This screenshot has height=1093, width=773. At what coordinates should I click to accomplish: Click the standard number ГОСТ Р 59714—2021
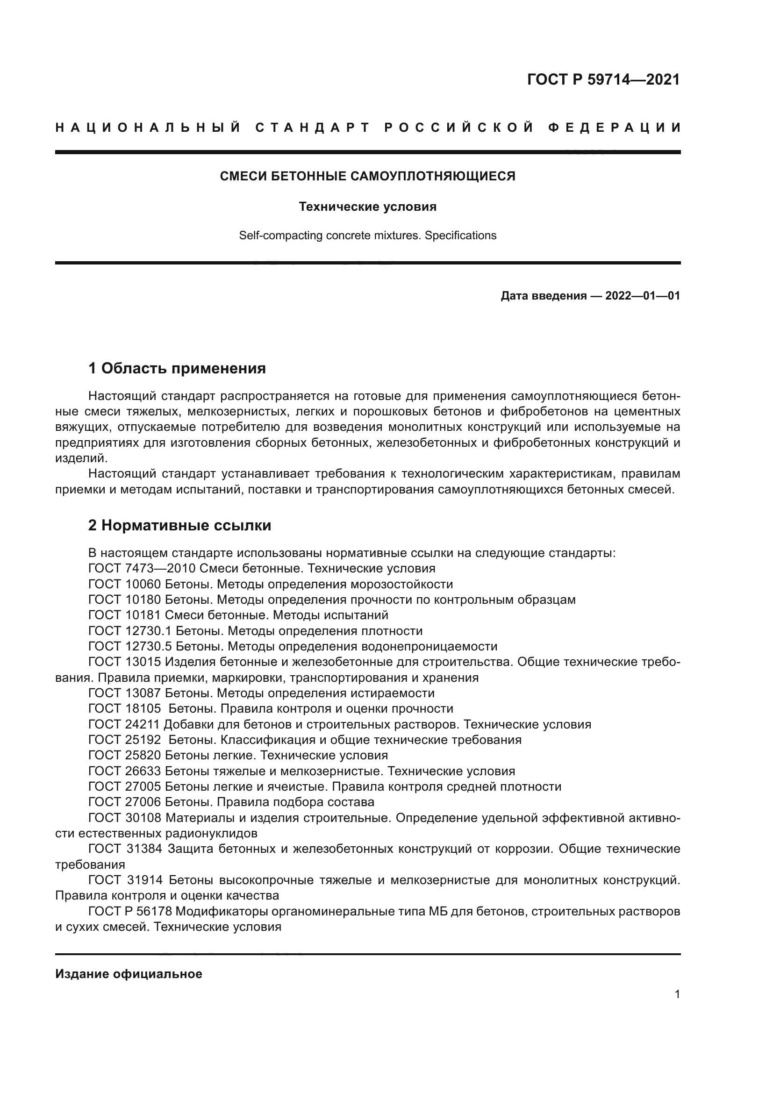coord(603,79)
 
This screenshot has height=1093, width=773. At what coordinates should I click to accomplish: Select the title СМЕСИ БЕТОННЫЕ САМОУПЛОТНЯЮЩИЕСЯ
coord(367,176)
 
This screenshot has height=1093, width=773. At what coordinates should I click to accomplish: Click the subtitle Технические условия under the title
coord(367,207)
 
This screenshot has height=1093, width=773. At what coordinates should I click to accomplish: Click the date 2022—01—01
coord(642,296)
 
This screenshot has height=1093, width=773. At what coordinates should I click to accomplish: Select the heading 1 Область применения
coord(177,368)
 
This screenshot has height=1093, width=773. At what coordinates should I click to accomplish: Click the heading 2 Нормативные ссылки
coord(179,525)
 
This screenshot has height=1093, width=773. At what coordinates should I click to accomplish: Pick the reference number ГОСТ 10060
coord(125,584)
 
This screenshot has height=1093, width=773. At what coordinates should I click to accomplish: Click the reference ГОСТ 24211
coord(124,725)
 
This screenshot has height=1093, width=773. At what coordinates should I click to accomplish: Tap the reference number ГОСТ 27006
coord(125,802)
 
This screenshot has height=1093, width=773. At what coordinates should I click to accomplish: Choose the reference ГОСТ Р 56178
coord(130,911)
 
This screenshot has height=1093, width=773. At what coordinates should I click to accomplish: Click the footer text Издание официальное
coord(129,974)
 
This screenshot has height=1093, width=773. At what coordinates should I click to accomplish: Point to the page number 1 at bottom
coord(677,994)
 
